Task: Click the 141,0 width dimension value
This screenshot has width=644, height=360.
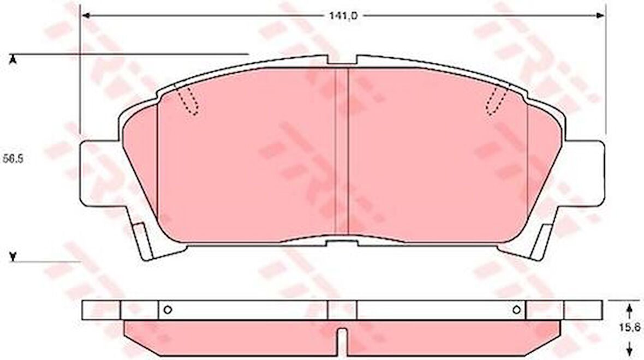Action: [343, 16]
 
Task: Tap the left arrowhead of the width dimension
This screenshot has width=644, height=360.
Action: [85, 16]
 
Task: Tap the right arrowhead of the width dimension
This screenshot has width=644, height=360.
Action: [601, 16]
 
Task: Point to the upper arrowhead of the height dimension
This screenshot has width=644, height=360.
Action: [13, 58]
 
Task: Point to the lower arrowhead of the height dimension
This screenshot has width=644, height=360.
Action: [13, 256]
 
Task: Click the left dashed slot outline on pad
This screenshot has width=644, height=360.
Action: [188, 101]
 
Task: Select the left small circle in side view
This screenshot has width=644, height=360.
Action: [168, 310]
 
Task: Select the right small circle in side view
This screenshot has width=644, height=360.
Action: [516, 310]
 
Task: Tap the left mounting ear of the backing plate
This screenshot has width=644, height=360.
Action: [98, 173]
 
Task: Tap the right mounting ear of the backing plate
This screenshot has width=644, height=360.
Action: [587, 173]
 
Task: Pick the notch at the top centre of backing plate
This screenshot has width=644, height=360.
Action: [342, 60]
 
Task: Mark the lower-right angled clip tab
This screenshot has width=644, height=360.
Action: [542, 240]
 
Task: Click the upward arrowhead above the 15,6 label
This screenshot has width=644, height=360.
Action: [629, 309]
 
